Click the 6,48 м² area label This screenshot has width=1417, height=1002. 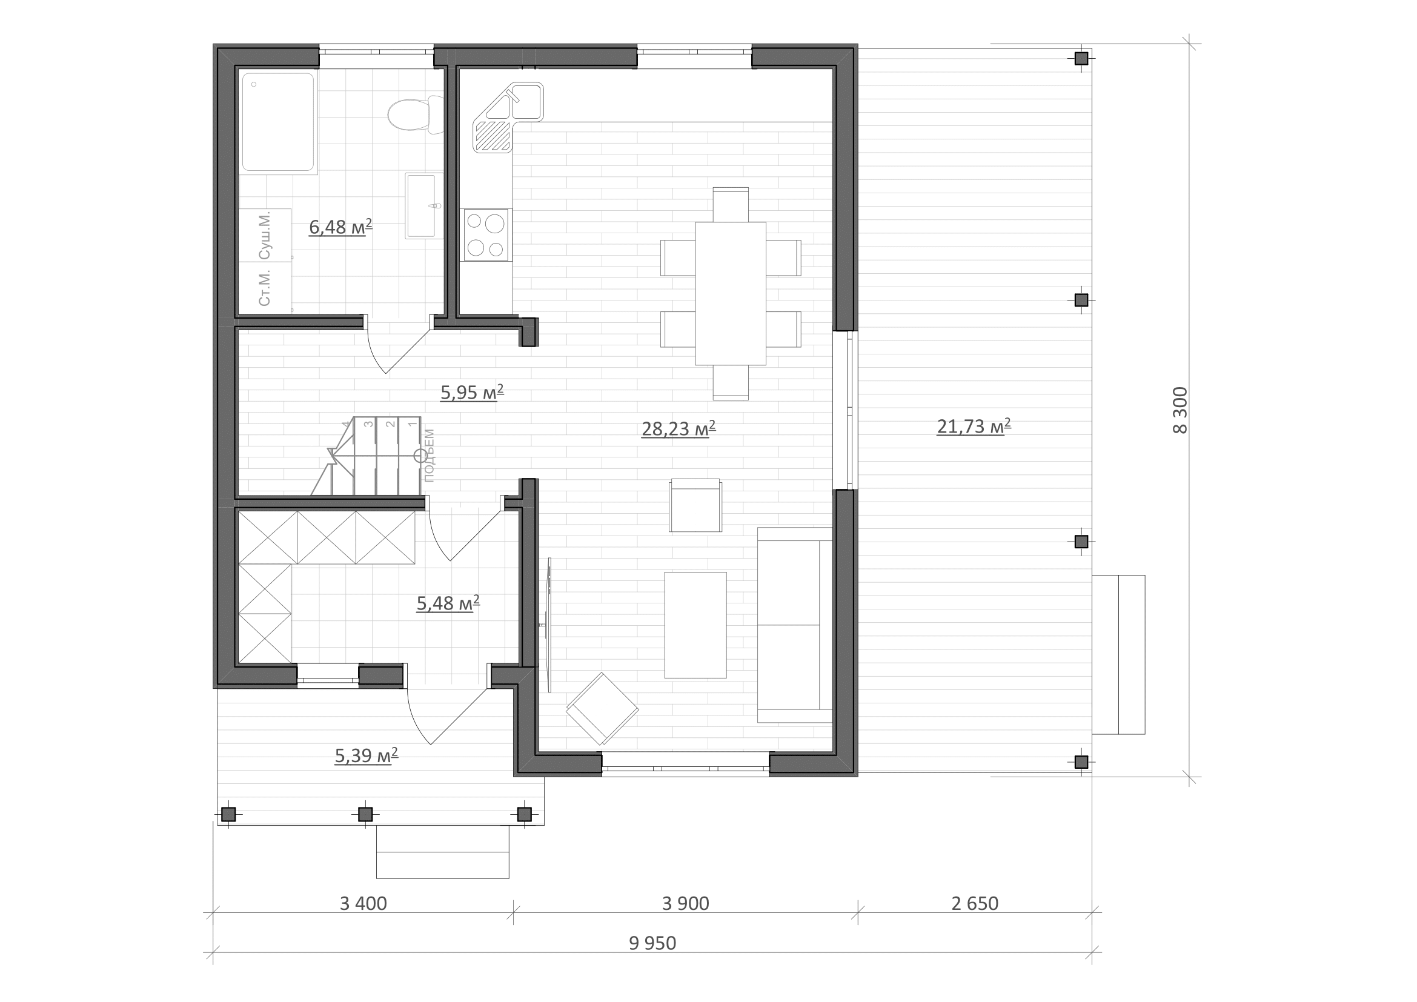[x=340, y=227]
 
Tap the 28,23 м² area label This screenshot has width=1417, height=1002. [x=679, y=428]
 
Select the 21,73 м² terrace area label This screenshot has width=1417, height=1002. [x=974, y=426]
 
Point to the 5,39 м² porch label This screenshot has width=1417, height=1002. [x=366, y=755]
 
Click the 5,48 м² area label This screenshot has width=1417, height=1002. [x=448, y=603]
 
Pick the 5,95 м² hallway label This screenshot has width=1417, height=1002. [x=472, y=393]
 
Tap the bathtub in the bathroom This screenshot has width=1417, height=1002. [x=277, y=122]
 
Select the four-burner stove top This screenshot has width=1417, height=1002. [x=486, y=234]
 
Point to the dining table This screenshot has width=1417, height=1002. [x=730, y=294]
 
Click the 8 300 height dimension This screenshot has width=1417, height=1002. [x=1180, y=410]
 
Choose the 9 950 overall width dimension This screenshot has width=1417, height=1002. [x=652, y=943]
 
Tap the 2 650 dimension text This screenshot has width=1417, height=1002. [x=975, y=903]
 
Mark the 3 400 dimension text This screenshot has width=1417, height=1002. [x=363, y=903]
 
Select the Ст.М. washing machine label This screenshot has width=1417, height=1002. [x=265, y=288]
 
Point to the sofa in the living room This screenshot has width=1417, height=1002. [x=795, y=625]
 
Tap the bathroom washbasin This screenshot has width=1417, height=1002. [x=423, y=205]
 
